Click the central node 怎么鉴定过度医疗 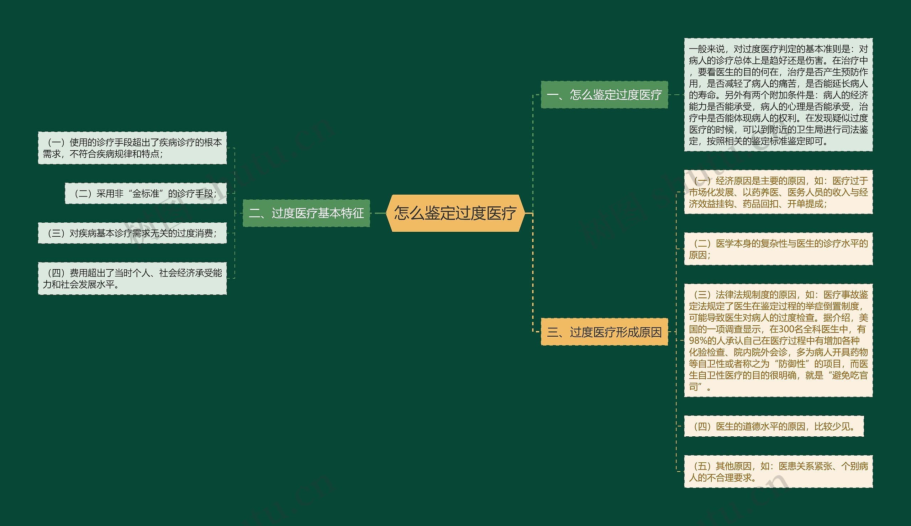click(x=455, y=213)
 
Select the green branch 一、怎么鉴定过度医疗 click(x=604, y=95)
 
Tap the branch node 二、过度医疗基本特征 click(x=306, y=214)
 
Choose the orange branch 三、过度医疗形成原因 click(x=604, y=332)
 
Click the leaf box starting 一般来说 click(x=778, y=95)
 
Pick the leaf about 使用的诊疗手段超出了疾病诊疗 click(x=132, y=148)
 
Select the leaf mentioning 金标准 click(x=146, y=194)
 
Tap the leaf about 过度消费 click(x=132, y=233)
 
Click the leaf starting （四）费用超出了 click(x=132, y=279)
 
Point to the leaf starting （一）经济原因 click(x=778, y=192)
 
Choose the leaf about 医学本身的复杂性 click(x=778, y=249)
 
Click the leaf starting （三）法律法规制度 click(x=778, y=340)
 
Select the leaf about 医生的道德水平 click(x=774, y=427)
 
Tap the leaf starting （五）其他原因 click(x=778, y=472)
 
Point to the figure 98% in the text click(x=697, y=341)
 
